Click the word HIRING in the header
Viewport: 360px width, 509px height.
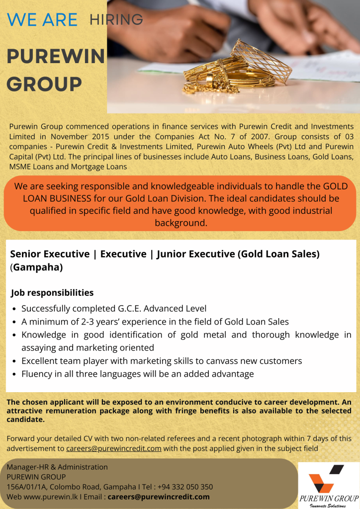(116, 20)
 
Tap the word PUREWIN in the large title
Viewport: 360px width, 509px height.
(56, 57)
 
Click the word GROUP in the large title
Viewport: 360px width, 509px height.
(44, 85)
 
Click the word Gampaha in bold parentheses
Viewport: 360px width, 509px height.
(38, 267)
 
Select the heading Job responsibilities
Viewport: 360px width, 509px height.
(52, 293)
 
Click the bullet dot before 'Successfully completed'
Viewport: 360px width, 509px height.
(15, 309)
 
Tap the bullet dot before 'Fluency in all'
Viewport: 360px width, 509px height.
(15, 374)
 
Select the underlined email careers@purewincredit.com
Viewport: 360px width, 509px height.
(114, 448)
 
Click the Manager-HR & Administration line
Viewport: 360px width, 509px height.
(57, 467)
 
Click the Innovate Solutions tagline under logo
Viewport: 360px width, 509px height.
(328, 505)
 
